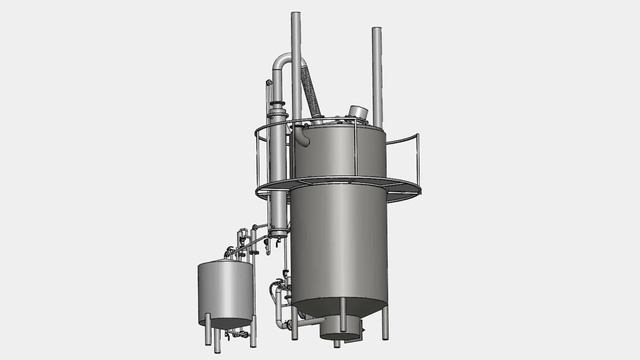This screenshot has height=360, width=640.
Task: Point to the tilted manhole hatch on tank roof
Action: (x=357, y=112)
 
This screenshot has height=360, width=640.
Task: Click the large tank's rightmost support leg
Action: (x=385, y=322)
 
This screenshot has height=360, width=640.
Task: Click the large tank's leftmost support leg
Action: (x=294, y=322)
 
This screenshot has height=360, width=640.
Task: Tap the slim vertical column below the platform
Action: (x=277, y=210)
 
